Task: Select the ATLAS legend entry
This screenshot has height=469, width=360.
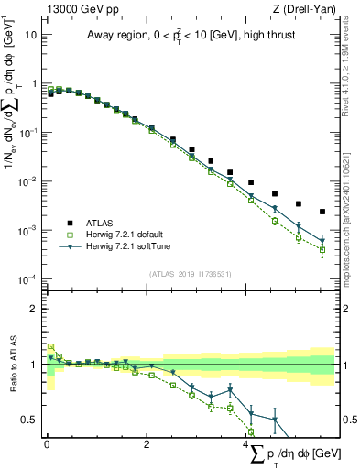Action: pos(101,223)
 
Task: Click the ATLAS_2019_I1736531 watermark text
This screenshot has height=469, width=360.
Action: pos(188,274)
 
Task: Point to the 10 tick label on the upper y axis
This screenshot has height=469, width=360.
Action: pos(31,34)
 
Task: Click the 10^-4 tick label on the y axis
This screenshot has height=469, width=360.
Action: pos(28,278)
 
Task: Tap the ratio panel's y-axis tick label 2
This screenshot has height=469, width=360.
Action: pos(34,309)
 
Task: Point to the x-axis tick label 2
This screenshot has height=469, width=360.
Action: pos(147,444)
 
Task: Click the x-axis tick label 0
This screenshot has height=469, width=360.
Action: pos(47,444)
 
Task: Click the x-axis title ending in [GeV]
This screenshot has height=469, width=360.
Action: pos(299,453)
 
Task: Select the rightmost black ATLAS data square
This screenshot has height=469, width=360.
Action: pos(322,212)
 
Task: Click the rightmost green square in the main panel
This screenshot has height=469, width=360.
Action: pos(322,249)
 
